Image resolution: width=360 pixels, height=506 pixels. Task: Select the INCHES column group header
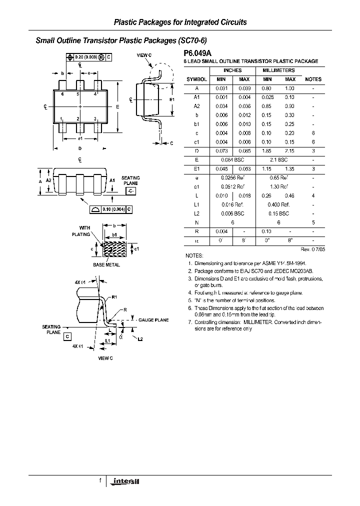point(232,70)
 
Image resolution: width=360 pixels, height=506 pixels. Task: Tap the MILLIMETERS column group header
point(279,70)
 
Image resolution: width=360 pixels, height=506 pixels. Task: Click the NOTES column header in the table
point(313,79)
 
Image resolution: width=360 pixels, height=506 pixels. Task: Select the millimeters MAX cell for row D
point(290,150)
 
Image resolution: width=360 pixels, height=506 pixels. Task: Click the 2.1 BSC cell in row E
point(279,159)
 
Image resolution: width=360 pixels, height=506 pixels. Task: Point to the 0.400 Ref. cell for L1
point(279,204)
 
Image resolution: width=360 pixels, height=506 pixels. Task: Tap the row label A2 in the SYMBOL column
point(196,106)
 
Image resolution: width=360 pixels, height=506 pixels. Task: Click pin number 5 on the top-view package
point(78,94)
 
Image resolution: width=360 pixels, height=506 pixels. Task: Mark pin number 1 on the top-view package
point(61,118)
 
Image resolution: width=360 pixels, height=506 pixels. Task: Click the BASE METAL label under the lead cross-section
point(106,265)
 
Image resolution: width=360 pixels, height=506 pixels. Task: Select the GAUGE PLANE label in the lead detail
point(153,320)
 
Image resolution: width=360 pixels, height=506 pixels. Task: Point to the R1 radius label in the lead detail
point(114,297)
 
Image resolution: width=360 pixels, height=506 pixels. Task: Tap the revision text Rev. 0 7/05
point(312,249)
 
